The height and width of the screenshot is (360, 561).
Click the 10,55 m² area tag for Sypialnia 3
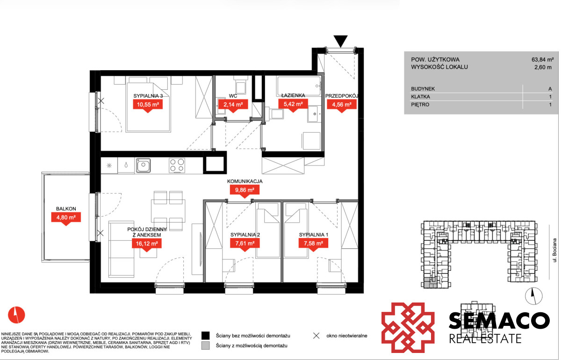coord(148,105)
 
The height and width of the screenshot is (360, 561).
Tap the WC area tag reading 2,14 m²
coord(233,105)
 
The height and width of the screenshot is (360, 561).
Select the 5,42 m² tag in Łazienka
coord(293,105)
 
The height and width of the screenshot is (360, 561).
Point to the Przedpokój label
coord(342,96)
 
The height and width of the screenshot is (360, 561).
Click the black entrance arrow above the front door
coord(341,41)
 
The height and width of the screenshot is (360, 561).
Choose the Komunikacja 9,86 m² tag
coord(245,191)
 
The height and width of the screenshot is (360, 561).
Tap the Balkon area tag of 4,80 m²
coord(66,218)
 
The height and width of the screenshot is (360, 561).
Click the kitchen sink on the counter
coord(143,166)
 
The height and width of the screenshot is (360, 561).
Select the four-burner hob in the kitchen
coord(177,166)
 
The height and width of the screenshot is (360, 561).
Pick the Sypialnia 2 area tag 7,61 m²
coord(245,244)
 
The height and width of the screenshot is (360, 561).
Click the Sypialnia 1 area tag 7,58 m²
coord(313,244)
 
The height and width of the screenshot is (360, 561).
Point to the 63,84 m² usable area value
coord(542,60)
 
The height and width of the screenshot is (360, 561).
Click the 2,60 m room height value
coord(543,67)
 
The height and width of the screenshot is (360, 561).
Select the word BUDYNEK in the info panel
coord(423,89)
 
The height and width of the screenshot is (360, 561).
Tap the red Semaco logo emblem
coord(408,327)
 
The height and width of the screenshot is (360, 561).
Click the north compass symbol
coord(534,296)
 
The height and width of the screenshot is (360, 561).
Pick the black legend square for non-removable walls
coord(206,336)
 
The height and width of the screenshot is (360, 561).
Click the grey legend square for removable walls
coord(206,346)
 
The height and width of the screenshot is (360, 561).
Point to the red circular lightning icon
coord(16,315)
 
